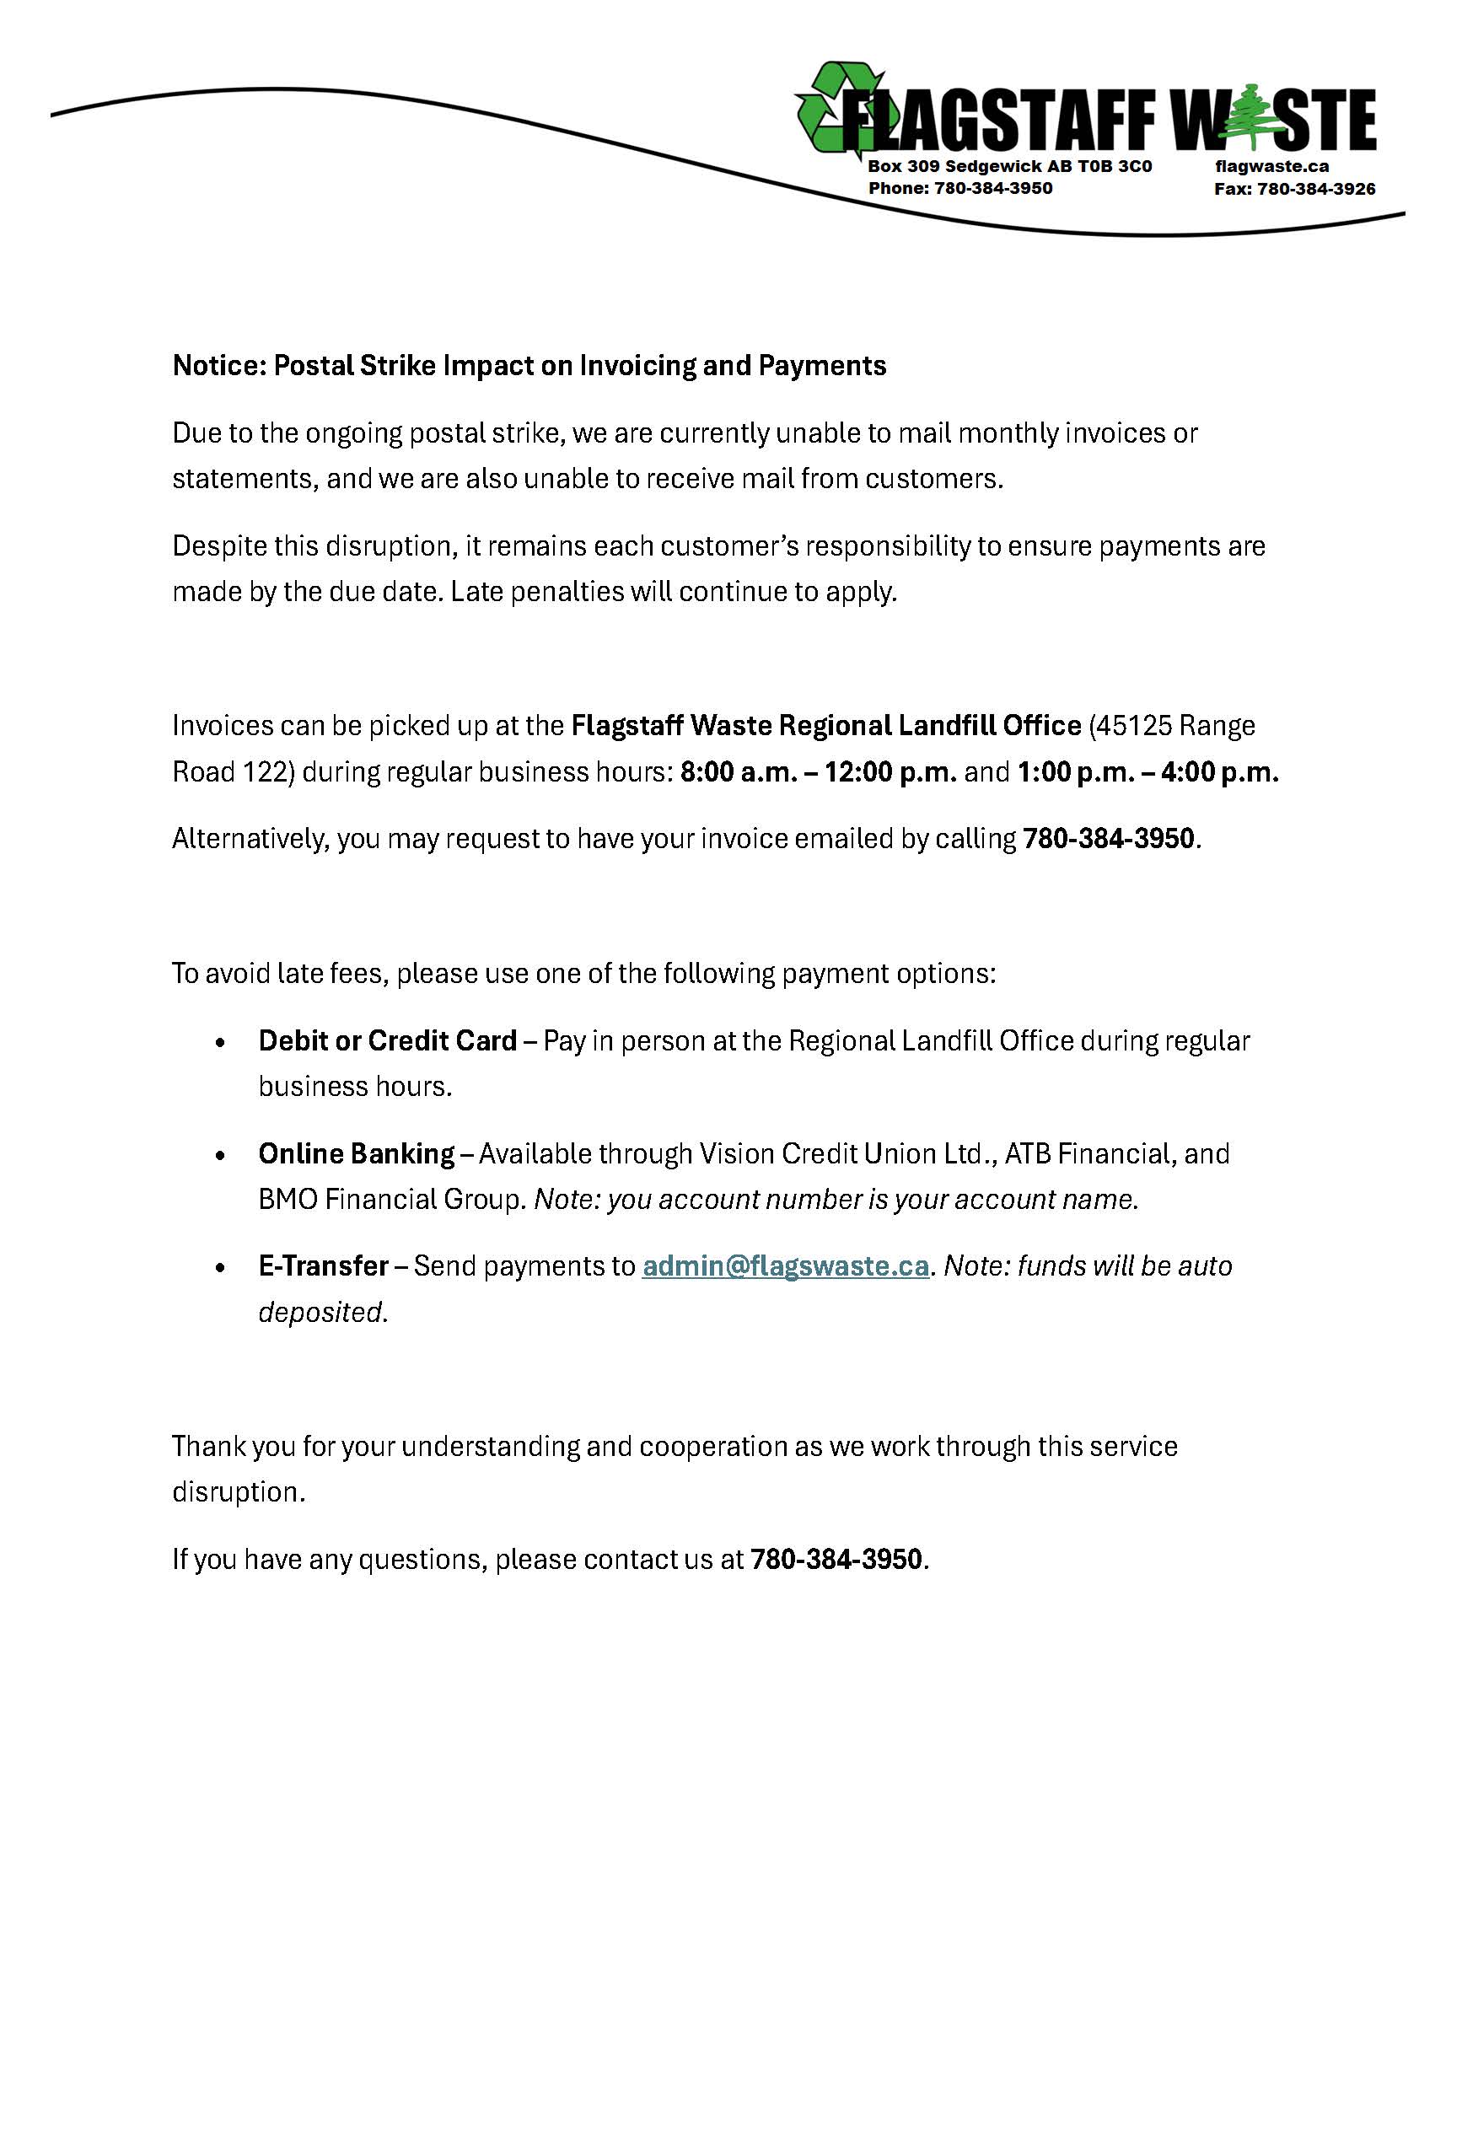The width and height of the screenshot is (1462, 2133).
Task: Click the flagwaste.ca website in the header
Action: [1271, 166]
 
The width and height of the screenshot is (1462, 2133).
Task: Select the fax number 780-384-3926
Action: [1316, 189]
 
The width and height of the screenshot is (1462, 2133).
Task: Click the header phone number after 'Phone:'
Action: [993, 188]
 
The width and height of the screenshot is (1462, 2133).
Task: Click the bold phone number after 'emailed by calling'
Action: [1109, 838]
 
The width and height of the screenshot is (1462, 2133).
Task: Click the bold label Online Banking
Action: [356, 1152]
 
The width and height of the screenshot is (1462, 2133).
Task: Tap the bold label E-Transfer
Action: [323, 1265]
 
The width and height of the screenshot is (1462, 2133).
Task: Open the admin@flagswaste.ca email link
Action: [786, 1265]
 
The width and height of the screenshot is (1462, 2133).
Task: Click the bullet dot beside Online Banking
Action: [219, 1156]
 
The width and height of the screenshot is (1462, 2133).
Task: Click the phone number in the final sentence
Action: [836, 1559]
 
